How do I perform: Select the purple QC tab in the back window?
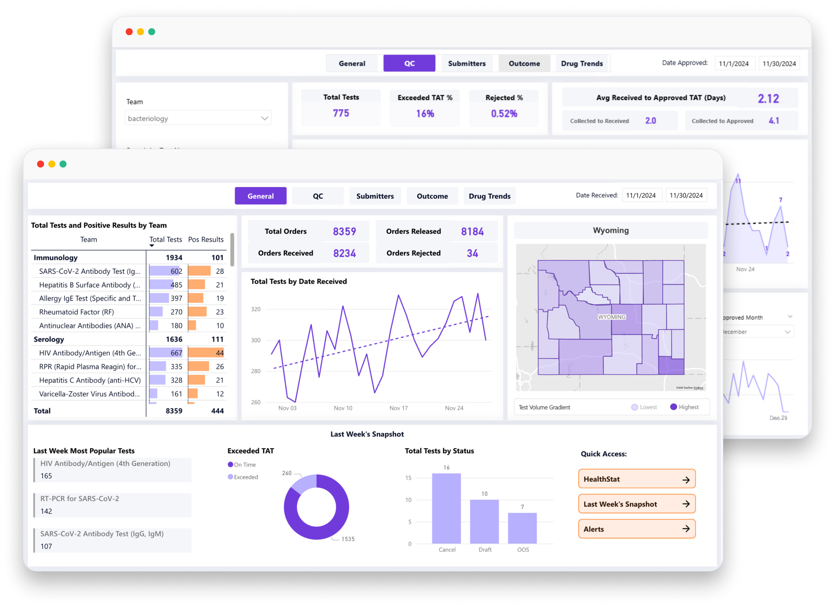[409, 63]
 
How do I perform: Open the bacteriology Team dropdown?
[198, 118]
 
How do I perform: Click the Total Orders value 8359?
[344, 231]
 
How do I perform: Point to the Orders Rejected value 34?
[472, 253]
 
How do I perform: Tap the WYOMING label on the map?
[612, 317]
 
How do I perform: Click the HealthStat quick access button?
[637, 479]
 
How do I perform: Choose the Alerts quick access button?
[637, 529]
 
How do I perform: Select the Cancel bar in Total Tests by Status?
[446, 508]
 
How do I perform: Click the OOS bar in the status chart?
[522, 528]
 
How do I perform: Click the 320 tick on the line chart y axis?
[255, 309]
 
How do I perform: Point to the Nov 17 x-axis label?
[398, 408]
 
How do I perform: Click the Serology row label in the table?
[49, 339]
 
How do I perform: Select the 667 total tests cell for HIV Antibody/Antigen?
[176, 353]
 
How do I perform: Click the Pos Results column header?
[206, 239]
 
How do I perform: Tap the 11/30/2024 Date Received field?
[686, 195]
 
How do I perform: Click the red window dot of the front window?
[41, 164]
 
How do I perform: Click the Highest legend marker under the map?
[673, 407]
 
